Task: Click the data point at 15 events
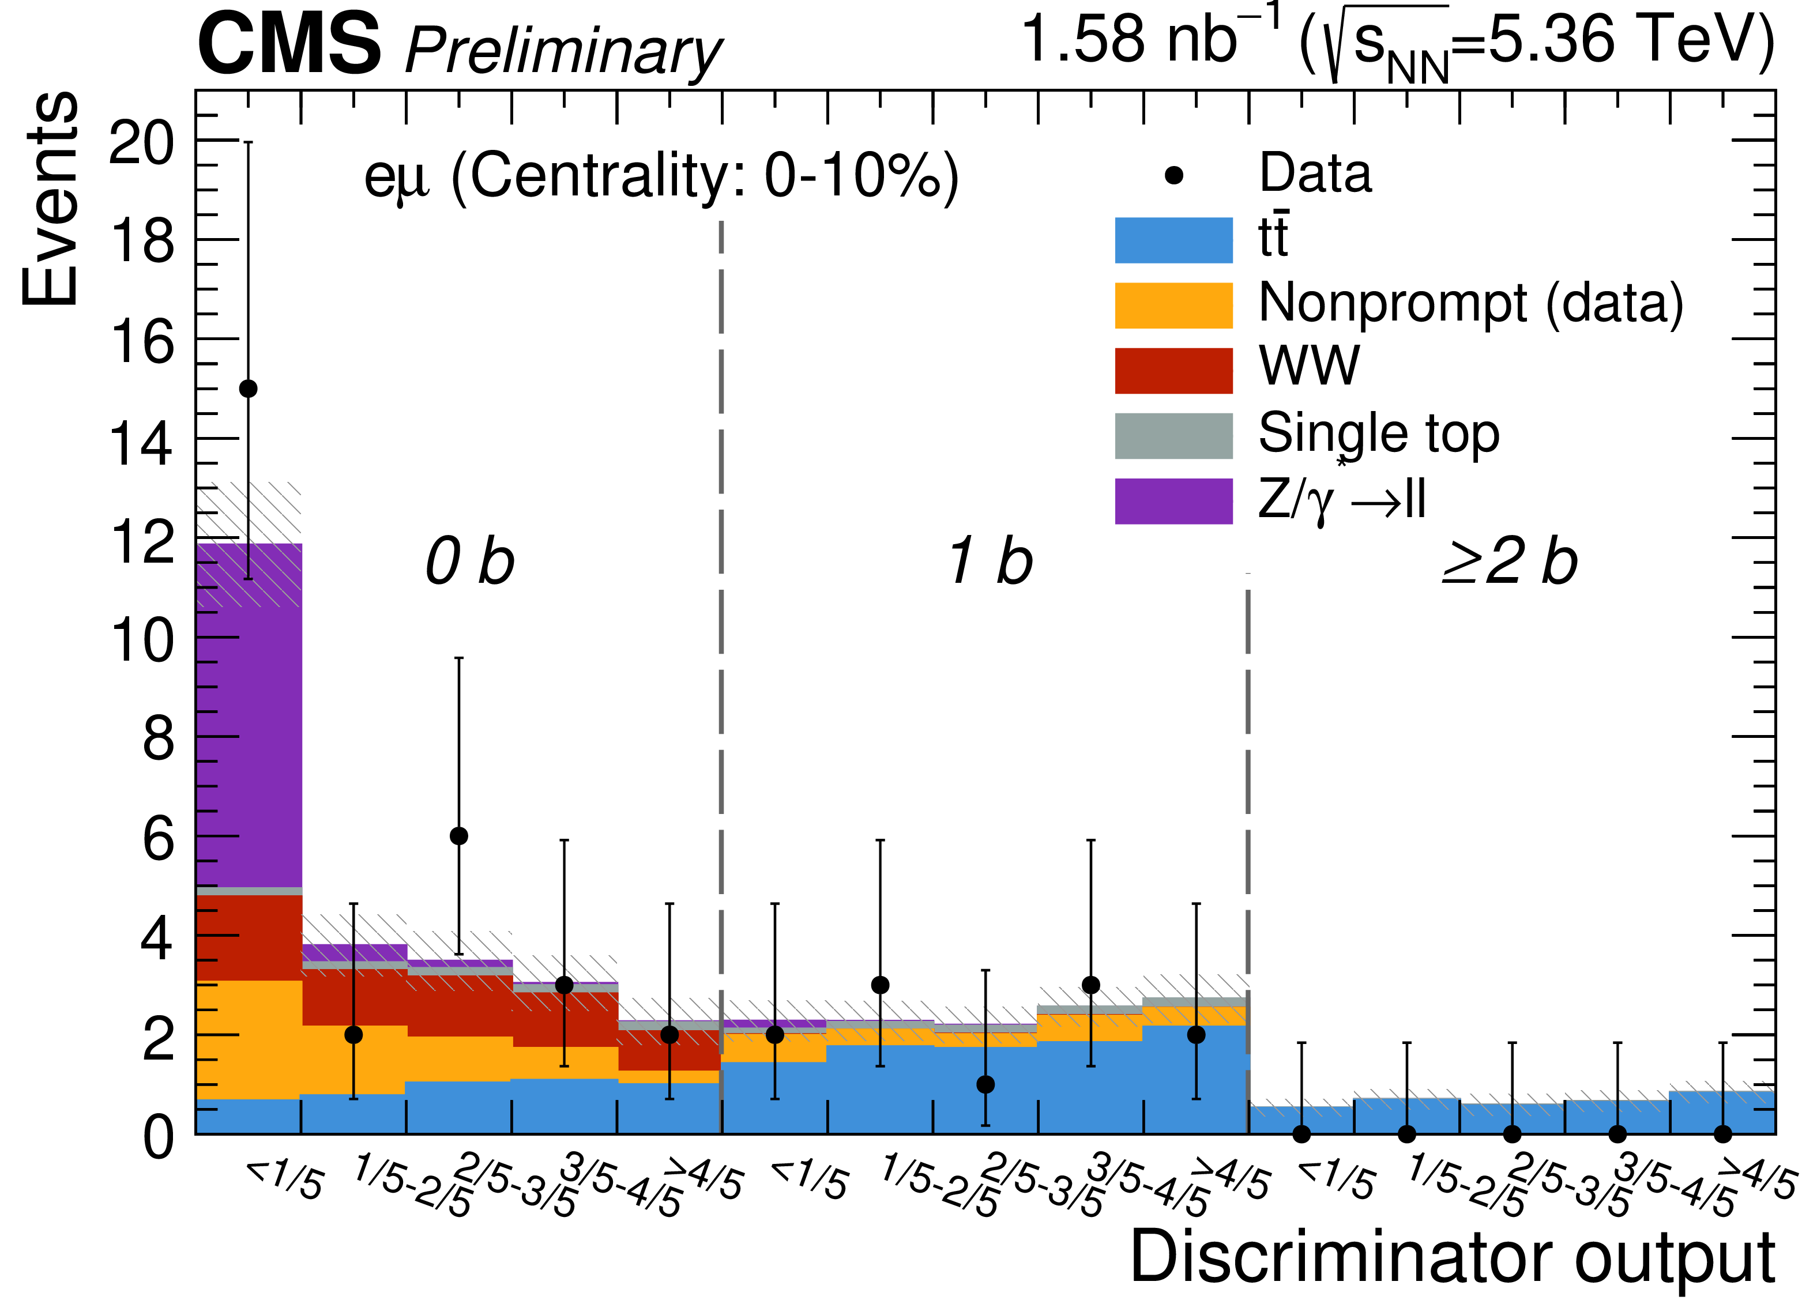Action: pos(249,389)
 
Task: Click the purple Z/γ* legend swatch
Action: pos(1173,502)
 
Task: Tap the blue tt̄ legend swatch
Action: pos(1173,240)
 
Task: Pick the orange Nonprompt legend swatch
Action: pos(1173,305)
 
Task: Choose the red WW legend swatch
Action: pos(1173,371)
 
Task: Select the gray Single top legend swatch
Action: pos(1173,436)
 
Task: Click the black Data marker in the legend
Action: pos(1173,175)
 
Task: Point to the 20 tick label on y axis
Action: pos(141,144)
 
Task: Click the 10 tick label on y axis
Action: pos(141,641)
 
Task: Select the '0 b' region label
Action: pos(469,562)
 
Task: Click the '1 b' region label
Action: pos(990,562)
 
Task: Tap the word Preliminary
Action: pos(563,52)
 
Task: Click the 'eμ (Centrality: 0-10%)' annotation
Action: pos(661,176)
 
